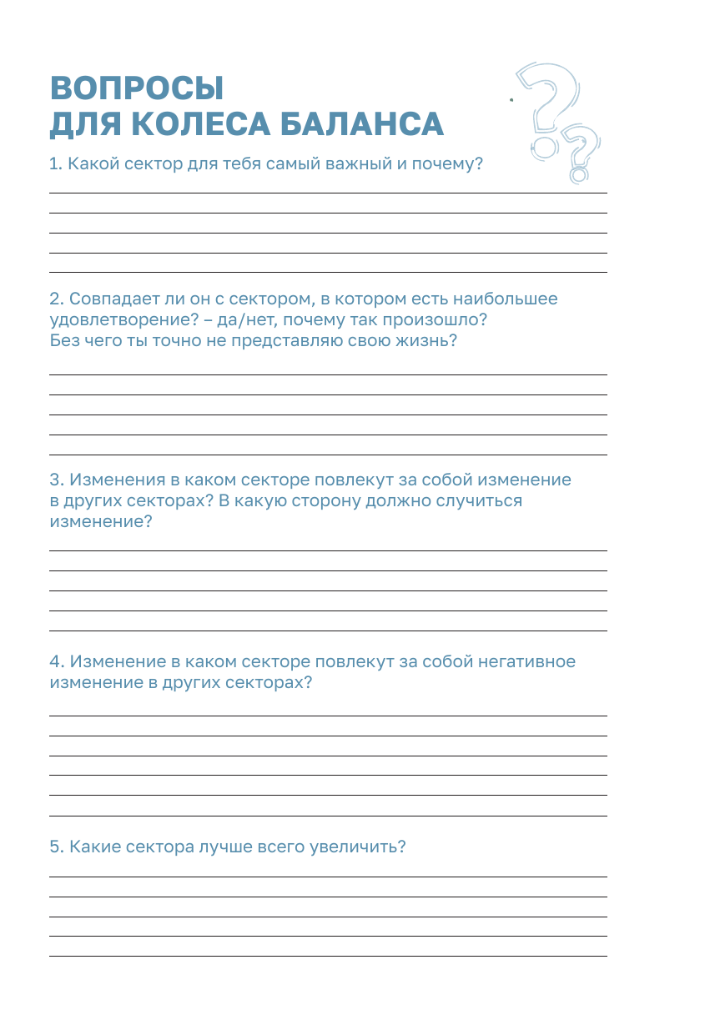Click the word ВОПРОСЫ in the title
137,88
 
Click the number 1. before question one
56,163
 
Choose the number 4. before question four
57,662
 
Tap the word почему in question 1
445,163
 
